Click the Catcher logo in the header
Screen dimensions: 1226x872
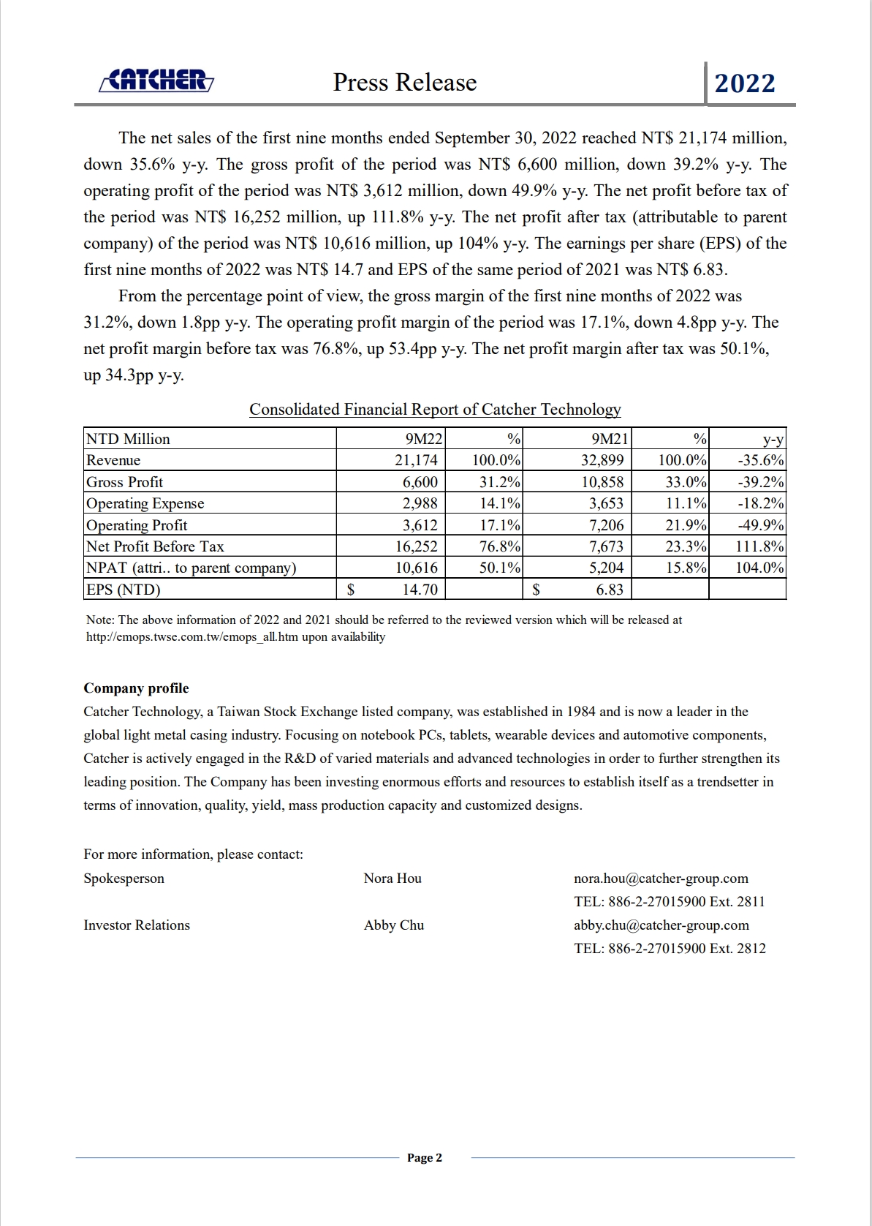156,80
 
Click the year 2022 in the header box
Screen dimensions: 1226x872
745,83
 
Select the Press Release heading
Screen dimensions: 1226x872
405,83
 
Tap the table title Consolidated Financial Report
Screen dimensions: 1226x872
435,410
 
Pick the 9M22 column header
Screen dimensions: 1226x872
424,439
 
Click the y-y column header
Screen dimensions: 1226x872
773,439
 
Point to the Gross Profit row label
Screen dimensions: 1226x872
125,482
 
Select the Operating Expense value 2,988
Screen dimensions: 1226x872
420,503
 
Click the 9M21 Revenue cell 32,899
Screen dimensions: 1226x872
602,460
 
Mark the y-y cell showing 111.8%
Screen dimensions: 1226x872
759,546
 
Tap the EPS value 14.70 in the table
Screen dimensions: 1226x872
420,590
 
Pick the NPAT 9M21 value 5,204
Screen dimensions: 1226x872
606,568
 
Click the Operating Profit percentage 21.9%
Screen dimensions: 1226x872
686,525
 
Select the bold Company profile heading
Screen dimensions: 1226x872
136,688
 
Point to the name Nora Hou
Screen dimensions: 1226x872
393,879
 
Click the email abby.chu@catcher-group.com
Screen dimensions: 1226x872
661,925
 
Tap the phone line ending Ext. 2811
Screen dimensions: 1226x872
669,902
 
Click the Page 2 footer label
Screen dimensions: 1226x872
425,1158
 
